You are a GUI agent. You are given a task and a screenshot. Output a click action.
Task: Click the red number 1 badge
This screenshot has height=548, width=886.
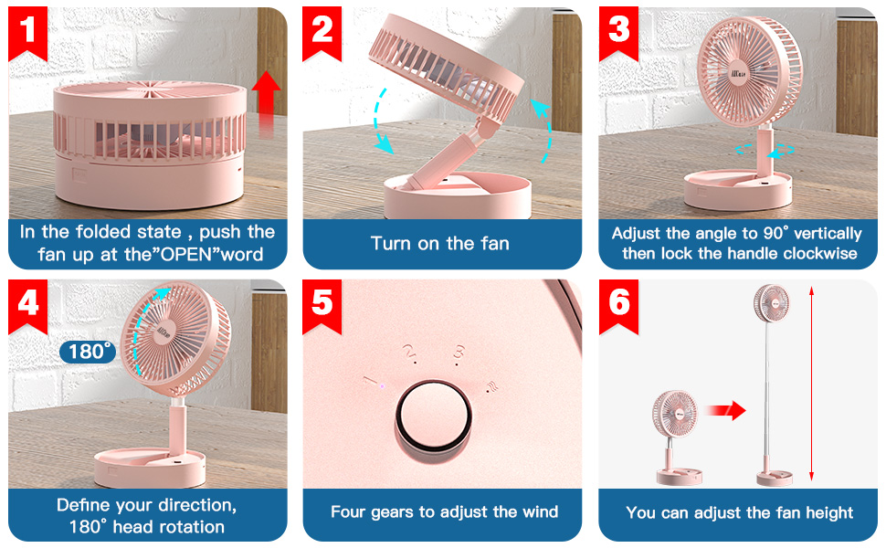(28, 32)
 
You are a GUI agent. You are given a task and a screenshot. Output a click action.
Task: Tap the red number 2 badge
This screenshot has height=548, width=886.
(323, 32)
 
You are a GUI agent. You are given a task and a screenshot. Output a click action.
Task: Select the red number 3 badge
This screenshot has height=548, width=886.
(619, 32)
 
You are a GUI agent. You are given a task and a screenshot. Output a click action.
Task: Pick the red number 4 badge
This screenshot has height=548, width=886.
(28, 302)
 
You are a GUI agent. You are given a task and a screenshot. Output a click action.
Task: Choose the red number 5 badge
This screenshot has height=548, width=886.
(323, 302)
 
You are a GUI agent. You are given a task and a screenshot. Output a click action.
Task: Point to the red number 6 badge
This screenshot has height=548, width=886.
(619, 302)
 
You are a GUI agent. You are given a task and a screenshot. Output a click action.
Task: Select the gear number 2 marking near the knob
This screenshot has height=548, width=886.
(409, 351)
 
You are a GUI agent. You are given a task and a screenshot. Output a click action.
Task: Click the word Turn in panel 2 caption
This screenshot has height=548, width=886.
(391, 243)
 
